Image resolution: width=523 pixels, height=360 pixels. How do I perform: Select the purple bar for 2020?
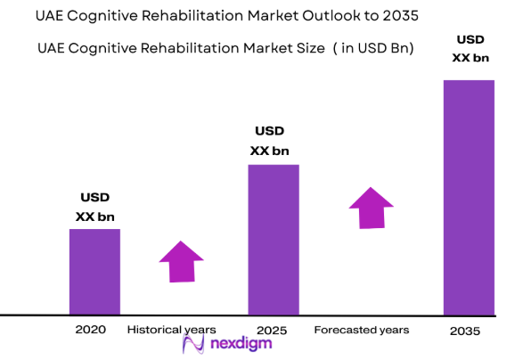[x=94, y=271]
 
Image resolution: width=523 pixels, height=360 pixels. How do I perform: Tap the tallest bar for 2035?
[x=469, y=197]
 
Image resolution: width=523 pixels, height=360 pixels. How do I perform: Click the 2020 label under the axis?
[x=91, y=330]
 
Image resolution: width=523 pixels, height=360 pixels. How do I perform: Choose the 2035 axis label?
[x=464, y=331]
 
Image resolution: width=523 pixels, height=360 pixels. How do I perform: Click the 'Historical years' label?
[x=171, y=330]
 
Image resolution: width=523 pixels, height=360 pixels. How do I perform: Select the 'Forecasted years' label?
[x=362, y=330]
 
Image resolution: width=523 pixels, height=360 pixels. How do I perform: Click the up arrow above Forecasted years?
[x=368, y=207]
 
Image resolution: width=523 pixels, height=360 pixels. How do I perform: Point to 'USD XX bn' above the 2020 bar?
[x=95, y=207]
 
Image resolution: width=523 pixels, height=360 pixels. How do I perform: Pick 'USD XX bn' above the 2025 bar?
[x=273, y=142]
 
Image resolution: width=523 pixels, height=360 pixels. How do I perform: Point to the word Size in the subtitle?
[x=308, y=48]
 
